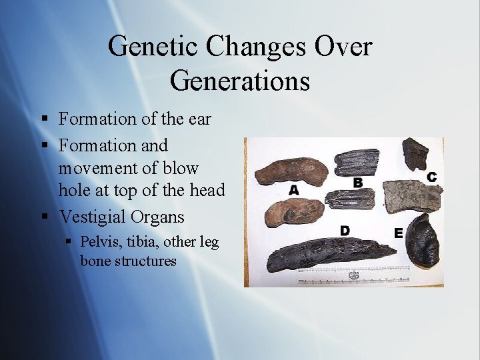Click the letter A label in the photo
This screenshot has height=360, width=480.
[294, 190]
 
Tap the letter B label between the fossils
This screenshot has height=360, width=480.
[358, 182]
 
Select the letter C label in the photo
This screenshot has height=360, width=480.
[431, 177]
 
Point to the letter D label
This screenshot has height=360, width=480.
[345, 230]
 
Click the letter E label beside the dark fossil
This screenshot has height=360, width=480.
[398, 233]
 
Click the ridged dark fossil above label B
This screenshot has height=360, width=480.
[356, 162]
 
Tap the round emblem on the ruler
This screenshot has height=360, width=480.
[354, 275]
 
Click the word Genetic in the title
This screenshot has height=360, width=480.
[153, 47]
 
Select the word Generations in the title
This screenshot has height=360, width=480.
[240, 80]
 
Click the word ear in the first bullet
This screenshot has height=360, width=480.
[199, 119]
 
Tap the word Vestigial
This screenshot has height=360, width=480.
[92, 217]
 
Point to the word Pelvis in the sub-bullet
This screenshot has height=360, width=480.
[99, 241]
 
